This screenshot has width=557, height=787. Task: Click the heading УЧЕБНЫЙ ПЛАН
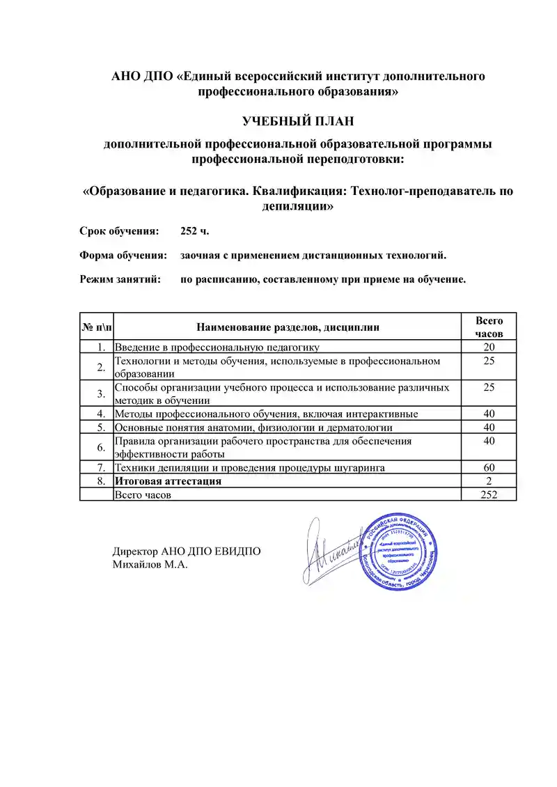coord(298,121)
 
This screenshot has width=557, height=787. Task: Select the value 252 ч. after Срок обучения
coord(195,231)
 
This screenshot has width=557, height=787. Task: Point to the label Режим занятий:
coord(120,280)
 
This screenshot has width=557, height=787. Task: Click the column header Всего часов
coord(489,327)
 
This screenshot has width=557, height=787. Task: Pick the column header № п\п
coord(97,327)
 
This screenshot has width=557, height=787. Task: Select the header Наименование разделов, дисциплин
coord(288,327)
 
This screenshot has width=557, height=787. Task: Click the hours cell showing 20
coord(489,348)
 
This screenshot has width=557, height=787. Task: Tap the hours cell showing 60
coord(489,467)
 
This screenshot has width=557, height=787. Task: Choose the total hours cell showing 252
coord(489,494)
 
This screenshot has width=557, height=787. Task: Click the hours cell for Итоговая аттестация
coord(489,481)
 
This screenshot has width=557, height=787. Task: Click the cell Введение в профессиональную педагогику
coord(217,348)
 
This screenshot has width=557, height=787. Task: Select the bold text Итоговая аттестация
coord(168,481)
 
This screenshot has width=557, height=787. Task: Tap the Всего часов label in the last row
coord(143,494)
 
